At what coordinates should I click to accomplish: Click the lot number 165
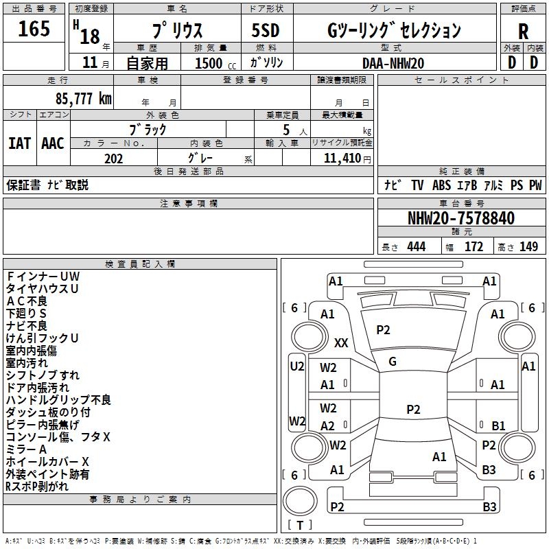pos(34,29)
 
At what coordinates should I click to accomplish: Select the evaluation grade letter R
pos(523,32)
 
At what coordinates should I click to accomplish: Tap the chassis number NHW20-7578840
pos(461,218)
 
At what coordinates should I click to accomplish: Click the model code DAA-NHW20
pos(393,62)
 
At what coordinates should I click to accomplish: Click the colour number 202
pos(113,159)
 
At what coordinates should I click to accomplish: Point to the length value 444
pos(416,246)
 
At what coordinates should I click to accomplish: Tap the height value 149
pos(528,246)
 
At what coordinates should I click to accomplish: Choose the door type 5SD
pos(265,30)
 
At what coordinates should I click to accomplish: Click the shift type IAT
pos(19,143)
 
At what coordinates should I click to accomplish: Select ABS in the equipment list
pos(442,185)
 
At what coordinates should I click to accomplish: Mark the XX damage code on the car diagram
pos(341,342)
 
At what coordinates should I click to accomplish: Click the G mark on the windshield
pos(393,361)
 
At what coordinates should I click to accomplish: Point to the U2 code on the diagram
pos(296,366)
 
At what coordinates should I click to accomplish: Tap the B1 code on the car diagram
pos(498,425)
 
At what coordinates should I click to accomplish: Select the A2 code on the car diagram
pos(328,425)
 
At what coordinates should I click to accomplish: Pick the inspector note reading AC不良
pos(27,301)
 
